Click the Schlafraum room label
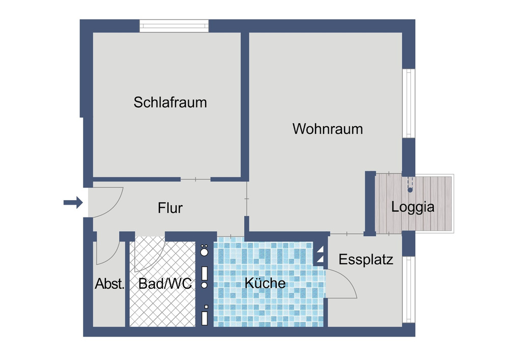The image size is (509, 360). [171, 102]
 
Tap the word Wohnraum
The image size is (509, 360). [328, 129]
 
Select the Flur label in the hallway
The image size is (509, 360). [170, 208]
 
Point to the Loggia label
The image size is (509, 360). [413, 207]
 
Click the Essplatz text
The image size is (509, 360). [366, 260]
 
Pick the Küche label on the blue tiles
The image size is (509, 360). [265, 283]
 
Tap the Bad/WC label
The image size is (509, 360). [165, 284]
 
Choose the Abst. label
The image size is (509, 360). [109, 284]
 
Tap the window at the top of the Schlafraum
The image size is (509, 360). [174, 25]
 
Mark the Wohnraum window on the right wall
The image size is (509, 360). [409, 103]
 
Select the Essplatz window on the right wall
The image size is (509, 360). [409, 289]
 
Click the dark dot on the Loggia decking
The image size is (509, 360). [410, 189]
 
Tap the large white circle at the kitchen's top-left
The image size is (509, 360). [204, 252]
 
